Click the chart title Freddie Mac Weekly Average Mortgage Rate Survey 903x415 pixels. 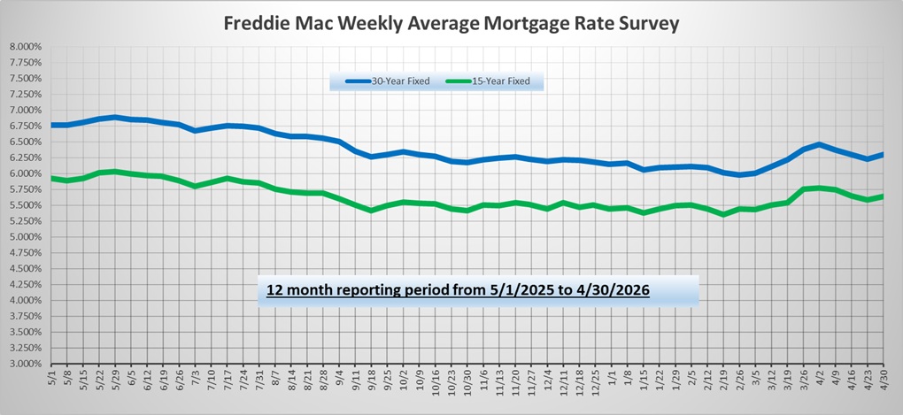click(451, 24)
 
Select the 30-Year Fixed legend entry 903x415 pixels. click(388, 81)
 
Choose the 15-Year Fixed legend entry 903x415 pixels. click(488, 81)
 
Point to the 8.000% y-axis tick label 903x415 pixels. click(26, 47)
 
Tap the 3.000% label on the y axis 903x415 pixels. click(26, 364)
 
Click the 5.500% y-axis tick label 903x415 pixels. click(26, 205)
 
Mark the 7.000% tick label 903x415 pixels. click(26, 110)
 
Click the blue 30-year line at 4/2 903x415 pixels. click(819, 144)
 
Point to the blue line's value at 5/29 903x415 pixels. click(114, 117)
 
